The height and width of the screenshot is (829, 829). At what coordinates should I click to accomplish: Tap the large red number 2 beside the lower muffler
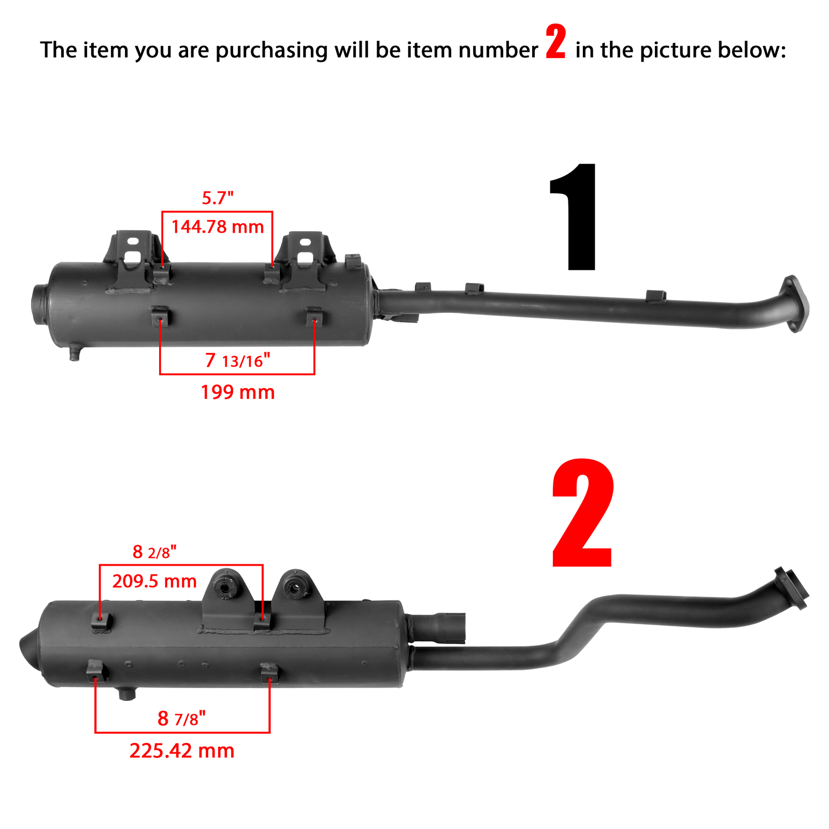pos(583,513)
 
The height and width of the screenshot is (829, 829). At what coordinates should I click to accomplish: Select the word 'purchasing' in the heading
pos(271,51)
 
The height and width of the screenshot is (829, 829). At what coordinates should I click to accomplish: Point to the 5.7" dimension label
pos(218,198)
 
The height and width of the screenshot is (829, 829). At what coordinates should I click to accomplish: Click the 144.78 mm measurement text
pos(218,227)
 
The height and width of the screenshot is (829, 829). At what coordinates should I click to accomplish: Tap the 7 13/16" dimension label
pos(238,360)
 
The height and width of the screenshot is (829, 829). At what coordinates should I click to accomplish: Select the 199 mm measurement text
pos(238,392)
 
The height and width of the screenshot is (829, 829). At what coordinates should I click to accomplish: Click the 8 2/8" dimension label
pos(154,552)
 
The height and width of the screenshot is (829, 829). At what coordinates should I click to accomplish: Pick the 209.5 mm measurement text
pos(154,581)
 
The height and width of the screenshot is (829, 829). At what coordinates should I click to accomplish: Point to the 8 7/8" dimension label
pos(182,719)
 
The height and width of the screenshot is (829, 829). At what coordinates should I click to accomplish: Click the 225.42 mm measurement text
pos(182,751)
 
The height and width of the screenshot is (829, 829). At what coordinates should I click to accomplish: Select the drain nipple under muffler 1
pos(75,353)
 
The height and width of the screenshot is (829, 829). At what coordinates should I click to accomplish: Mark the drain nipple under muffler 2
pos(126,693)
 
